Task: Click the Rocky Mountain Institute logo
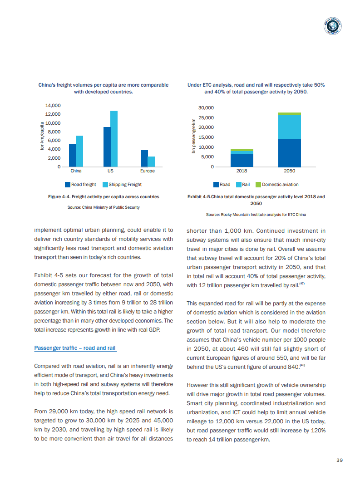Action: [x=333, y=27]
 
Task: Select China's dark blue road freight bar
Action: [x=72, y=155]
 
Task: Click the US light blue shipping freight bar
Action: [x=114, y=138]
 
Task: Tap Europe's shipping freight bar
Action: [x=151, y=162]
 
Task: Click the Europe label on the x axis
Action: [x=148, y=171]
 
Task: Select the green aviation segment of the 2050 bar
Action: [x=289, y=114]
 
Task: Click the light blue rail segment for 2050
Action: [x=289, y=127]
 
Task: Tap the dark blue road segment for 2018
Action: [x=242, y=161]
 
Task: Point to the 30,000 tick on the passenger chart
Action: [x=206, y=108]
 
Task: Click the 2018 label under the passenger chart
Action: [x=242, y=171]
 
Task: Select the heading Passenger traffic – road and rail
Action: [x=75, y=348]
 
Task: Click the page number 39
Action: [x=340, y=460]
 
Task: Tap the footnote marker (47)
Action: [x=302, y=284]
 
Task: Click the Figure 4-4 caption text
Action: [x=104, y=197]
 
